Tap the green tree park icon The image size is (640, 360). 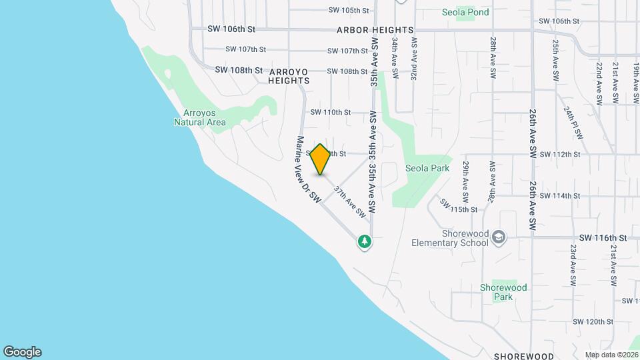(x=364, y=241)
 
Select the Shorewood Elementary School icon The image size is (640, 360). (x=499, y=237)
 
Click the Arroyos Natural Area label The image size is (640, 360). (x=200, y=117)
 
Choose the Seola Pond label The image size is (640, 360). (x=465, y=12)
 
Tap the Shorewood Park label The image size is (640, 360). (x=503, y=292)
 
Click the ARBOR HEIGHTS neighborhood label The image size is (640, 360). (x=375, y=30)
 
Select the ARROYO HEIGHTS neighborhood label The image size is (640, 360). (x=289, y=75)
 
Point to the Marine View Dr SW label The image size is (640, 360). (x=309, y=170)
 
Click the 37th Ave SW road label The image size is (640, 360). (x=351, y=202)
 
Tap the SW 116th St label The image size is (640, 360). (x=603, y=237)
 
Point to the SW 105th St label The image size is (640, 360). (x=349, y=11)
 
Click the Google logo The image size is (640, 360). (x=22, y=352)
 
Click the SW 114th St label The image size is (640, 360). (x=560, y=195)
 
